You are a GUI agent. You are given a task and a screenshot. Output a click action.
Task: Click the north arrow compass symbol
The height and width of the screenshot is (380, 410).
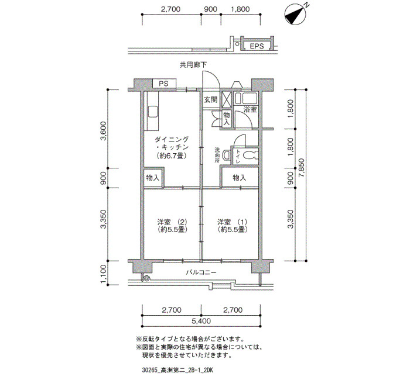tap(295, 15)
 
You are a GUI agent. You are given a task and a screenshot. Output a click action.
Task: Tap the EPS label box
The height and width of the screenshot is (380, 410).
tap(257, 46)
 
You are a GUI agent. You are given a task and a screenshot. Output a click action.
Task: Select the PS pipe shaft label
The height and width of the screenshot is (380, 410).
tap(163, 84)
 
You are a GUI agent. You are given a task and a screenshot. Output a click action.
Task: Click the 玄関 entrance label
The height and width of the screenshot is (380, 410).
tap(210, 99)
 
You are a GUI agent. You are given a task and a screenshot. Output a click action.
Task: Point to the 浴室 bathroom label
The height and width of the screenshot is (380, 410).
tap(250, 109)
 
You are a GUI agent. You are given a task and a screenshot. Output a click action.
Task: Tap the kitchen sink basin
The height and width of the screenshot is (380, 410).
tap(152, 112)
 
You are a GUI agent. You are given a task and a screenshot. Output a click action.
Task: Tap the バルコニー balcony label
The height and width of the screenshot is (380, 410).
tap(201, 273)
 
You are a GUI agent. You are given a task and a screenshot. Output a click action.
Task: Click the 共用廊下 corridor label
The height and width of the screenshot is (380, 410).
tap(193, 65)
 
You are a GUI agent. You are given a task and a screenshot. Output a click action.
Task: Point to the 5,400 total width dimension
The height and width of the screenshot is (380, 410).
tap(201, 320)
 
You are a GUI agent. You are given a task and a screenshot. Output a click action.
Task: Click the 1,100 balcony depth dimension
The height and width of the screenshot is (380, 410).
tap(103, 274)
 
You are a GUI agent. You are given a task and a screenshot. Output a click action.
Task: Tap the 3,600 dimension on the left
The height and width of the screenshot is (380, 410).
tap(103, 131)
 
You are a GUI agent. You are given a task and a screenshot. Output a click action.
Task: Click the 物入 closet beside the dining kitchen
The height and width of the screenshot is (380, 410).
tap(153, 178)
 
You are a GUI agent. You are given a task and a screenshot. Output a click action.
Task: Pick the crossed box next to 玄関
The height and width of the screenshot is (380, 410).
tap(227, 99)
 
